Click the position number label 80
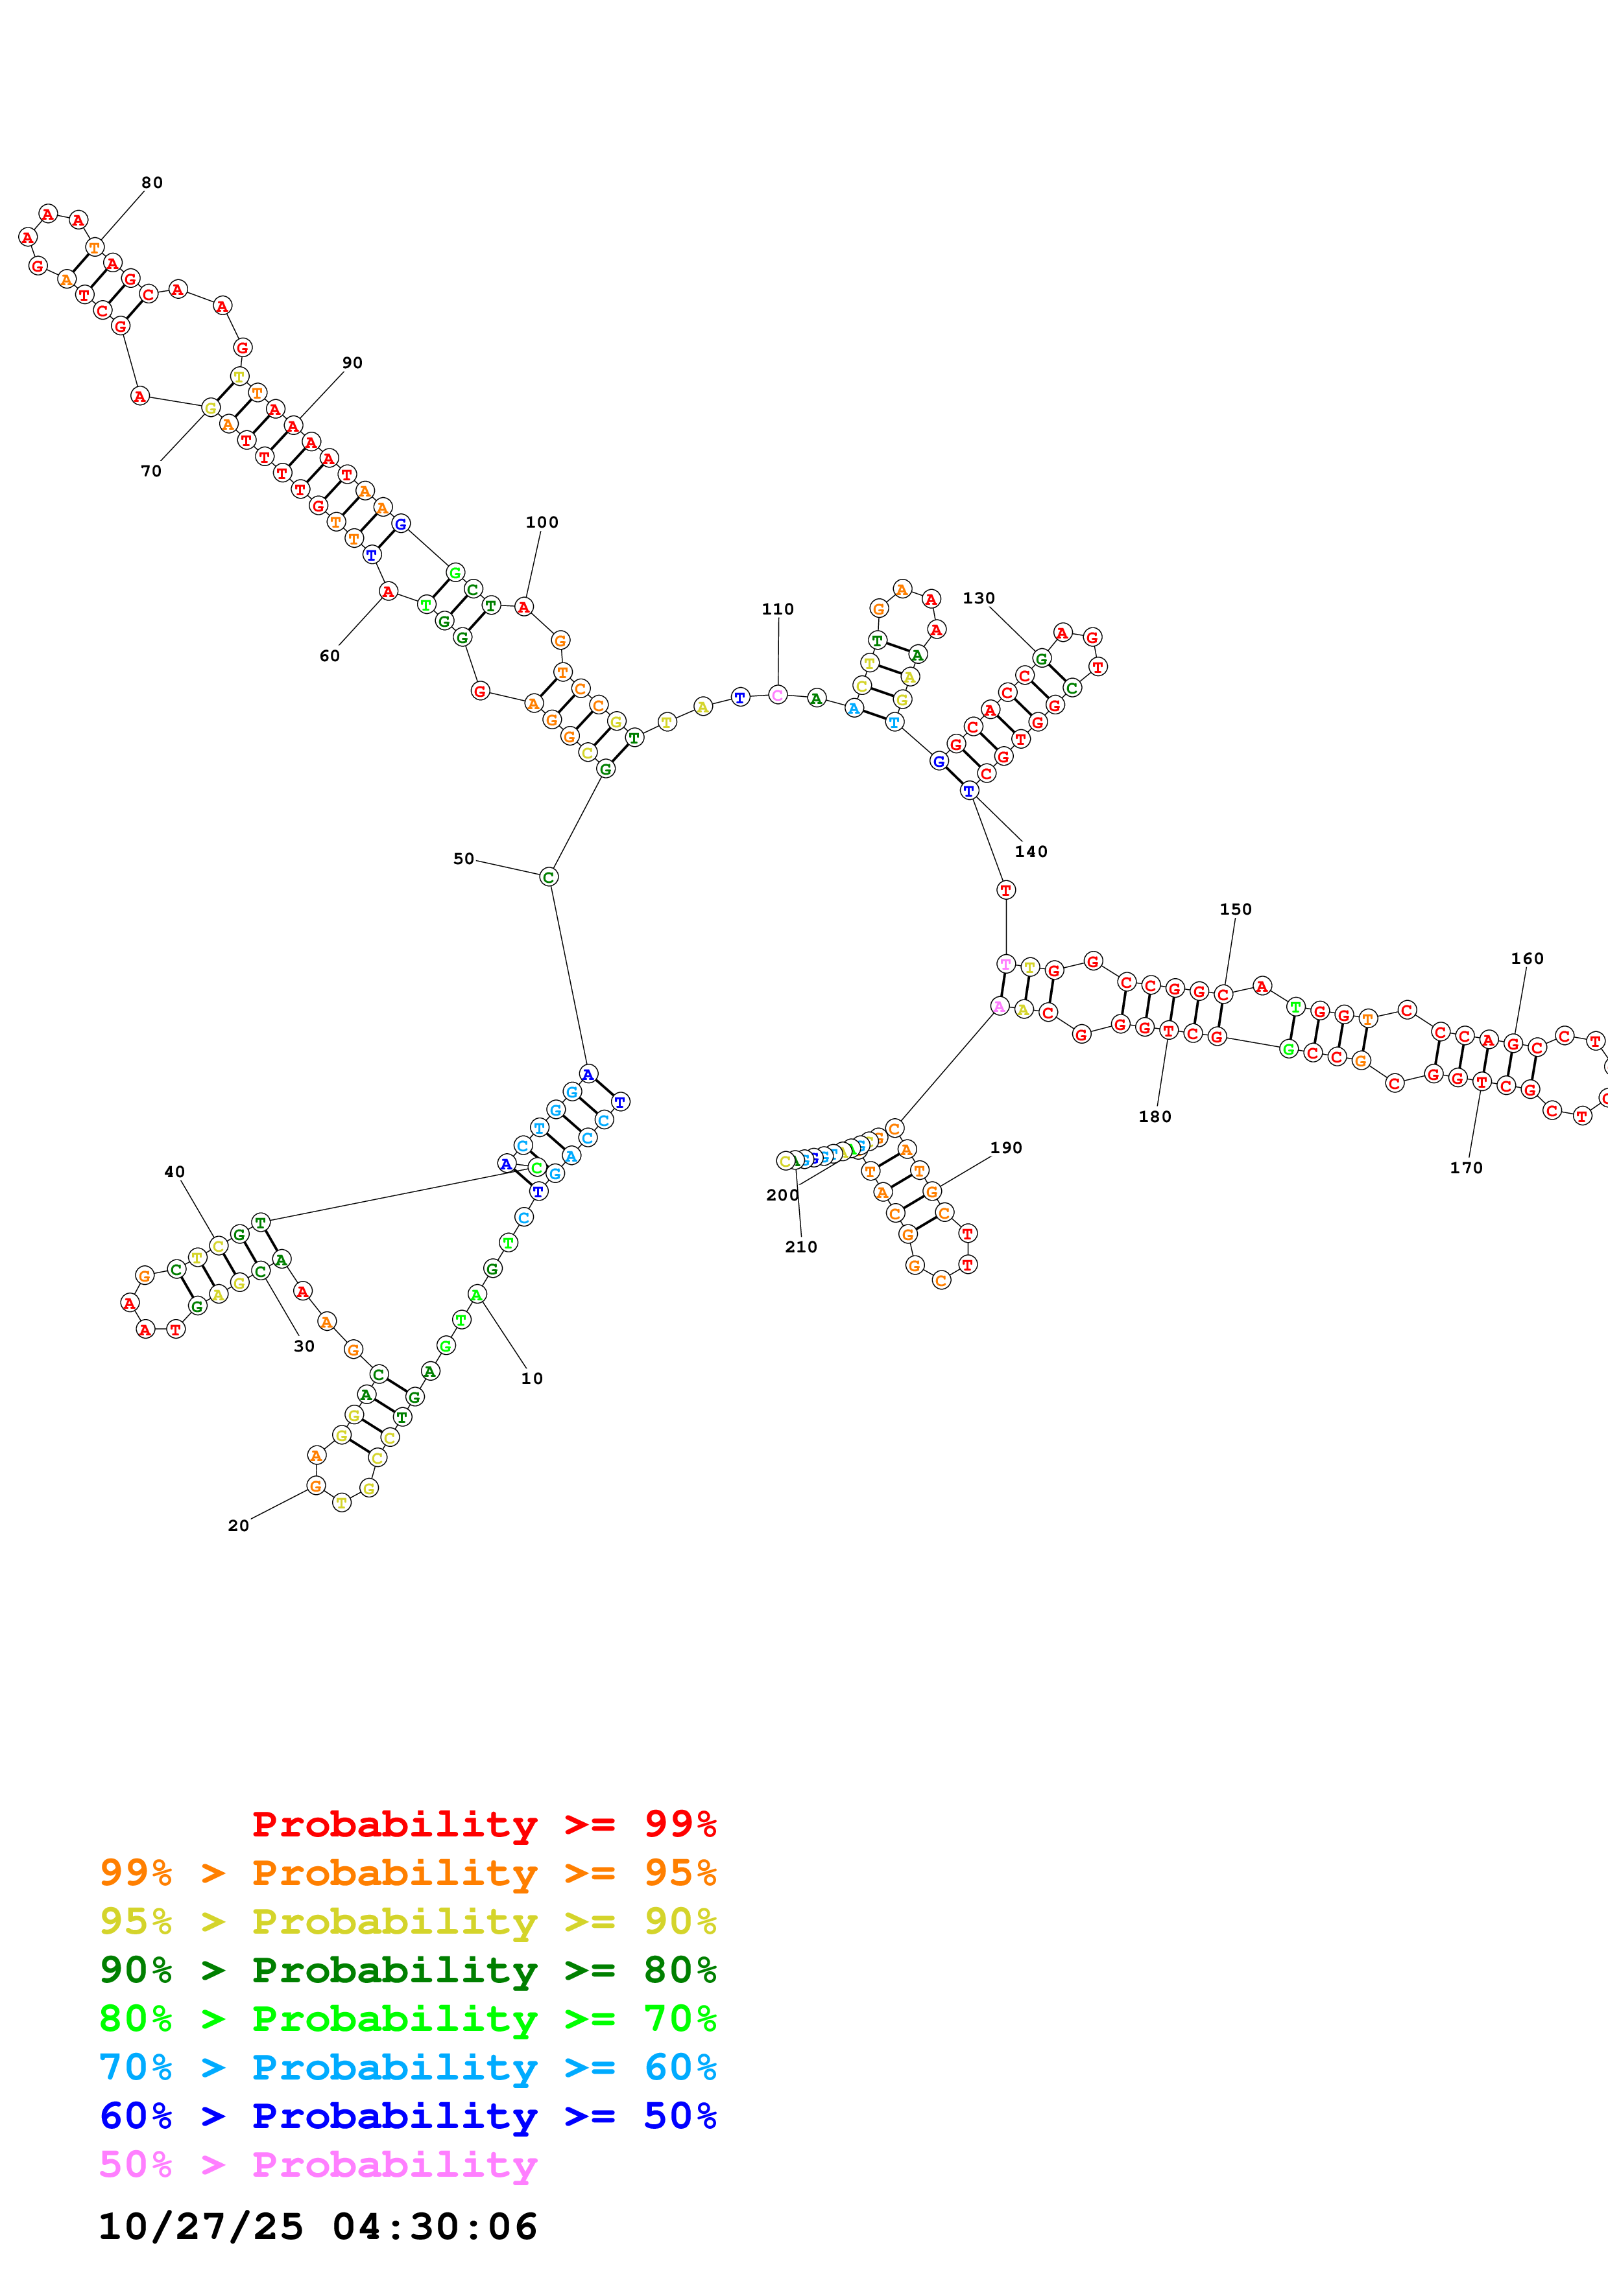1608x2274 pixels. tap(152, 182)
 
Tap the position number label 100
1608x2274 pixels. tap(542, 522)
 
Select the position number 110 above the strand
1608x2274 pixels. tap(778, 609)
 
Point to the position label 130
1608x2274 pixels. tap(979, 598)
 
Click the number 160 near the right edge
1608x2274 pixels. tap(1527, 959)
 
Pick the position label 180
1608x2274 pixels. tap(1154, 1116)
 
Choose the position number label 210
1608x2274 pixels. tap(800, 1247)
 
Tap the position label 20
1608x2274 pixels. tap(239, 1525)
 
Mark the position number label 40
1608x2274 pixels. tap(174, 1171)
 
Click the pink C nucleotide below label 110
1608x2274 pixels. tap(778, 694)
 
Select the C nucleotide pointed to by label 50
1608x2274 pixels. tap(549, 876)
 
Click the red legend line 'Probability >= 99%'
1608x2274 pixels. tap(483, 1824)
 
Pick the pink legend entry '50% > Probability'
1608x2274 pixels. tap(317, 2165)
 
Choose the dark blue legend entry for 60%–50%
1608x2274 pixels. tap(407, 2116)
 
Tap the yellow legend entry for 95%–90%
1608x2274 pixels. tap(407, 1921)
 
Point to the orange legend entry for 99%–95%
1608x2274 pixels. tap(407, 1873)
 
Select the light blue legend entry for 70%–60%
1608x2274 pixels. tap(407, 2067)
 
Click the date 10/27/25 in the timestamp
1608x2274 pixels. tap(201, 2227)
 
